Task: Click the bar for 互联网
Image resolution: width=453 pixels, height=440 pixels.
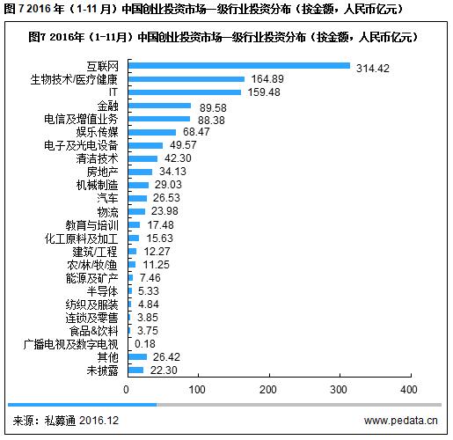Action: (238, 66)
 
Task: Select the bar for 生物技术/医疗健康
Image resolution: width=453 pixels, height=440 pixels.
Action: (186, 79)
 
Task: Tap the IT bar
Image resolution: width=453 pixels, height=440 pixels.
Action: (184, 92)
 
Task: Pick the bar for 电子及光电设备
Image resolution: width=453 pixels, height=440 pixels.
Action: (146, 144)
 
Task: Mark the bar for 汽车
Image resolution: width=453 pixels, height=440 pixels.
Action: (137, 198)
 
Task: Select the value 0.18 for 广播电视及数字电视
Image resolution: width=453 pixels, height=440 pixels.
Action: (146, 343)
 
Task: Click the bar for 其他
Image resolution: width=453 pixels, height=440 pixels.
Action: (137, 356)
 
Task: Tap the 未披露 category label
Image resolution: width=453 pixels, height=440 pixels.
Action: (104, 370)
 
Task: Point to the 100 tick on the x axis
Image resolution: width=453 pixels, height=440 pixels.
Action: (198, 388)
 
